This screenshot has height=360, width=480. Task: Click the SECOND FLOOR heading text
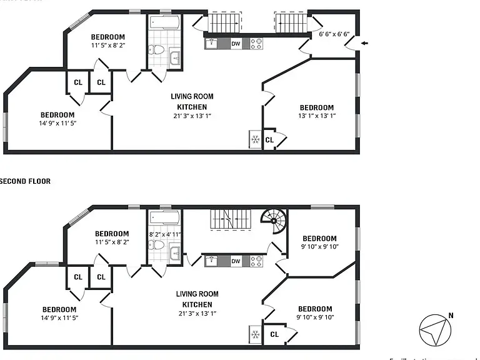tap(25, 181)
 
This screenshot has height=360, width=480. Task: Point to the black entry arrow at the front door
tap(365, 43)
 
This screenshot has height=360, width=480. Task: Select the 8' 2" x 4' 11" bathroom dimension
tap(164, 234)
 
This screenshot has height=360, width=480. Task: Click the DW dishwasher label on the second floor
tap(236, 261)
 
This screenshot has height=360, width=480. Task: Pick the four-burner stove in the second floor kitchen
tap(256, 262)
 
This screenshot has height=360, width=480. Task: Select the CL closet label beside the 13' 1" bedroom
tap(269, 140)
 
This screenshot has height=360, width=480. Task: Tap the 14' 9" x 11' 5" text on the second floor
tap(59, 318)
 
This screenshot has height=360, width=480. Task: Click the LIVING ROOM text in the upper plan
tap(192, 97)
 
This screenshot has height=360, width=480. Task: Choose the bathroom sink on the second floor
tap(174, 253)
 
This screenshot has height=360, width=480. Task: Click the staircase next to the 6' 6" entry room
tap(291, 24)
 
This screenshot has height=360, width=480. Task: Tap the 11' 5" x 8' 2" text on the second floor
tap(112, 242)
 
